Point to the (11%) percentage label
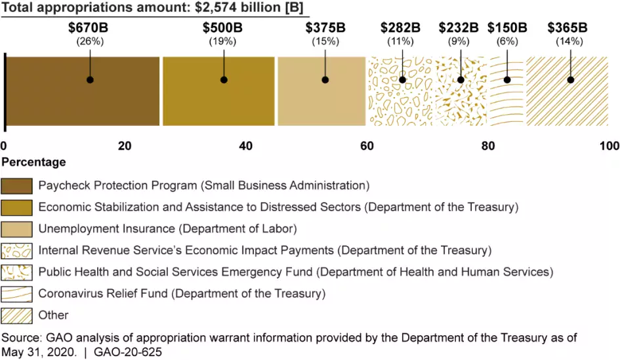[401, 41]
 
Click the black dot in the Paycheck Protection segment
[90, 80]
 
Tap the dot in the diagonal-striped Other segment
[570, 80]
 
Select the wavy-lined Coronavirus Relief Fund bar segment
[507, 98]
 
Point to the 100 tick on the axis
[610, 146]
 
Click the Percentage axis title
[33, 162]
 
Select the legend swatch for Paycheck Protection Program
[17, 186]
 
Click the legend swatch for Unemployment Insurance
[17, 229]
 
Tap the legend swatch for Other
[17, 315]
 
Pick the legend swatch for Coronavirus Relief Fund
[17, 294]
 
